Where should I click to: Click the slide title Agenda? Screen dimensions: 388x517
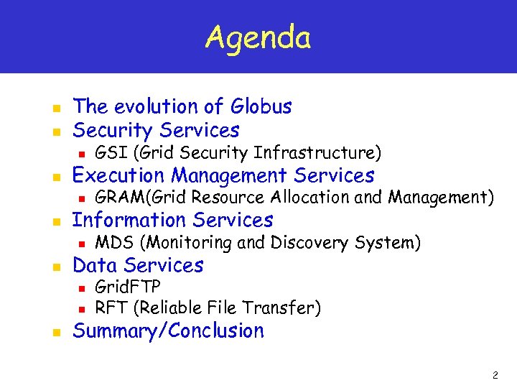coord(258,37)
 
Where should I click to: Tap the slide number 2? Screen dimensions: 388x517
coord(495,375)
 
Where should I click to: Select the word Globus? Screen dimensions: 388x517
coord(261,106)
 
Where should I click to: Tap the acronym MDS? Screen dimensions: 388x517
coord(112,243)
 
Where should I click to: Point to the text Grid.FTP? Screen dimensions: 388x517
coord(128,287)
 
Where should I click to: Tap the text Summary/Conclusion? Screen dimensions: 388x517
coord(168,331)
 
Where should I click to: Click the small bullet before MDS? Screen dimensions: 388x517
coord(82,244)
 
